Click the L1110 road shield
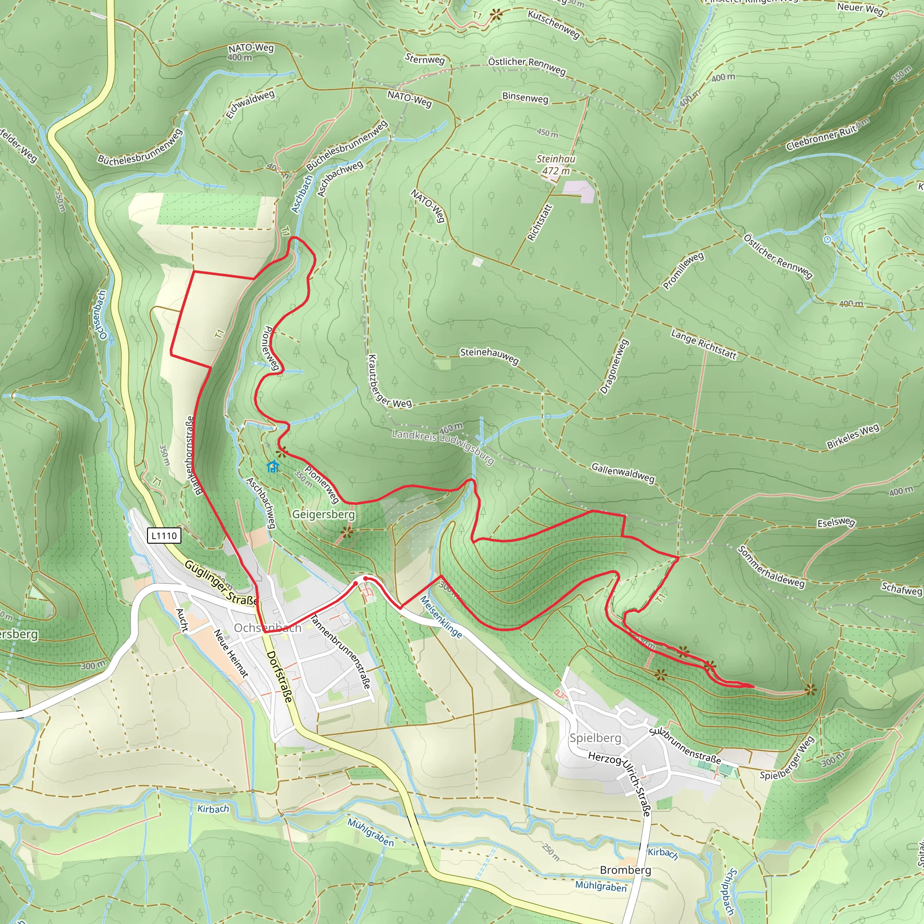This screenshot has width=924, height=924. pos(164,536)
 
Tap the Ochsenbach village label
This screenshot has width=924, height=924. pos(268,628)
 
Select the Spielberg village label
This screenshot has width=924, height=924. pos(595,738)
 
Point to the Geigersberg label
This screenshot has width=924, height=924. pos(323,514)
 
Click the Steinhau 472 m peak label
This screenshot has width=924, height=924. pos(556,165)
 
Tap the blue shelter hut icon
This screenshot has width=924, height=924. pos(273,467)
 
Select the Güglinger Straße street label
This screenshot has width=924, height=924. pos(221,582)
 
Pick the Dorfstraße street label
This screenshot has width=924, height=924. pos(279,676)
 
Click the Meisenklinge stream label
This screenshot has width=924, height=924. pos(441,617)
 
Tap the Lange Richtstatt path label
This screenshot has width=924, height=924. pos(703,344)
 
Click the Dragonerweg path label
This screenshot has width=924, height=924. pos(614,366)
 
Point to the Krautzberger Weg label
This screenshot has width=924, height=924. pos(388,383)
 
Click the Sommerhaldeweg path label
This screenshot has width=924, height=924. pos(771,566)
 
